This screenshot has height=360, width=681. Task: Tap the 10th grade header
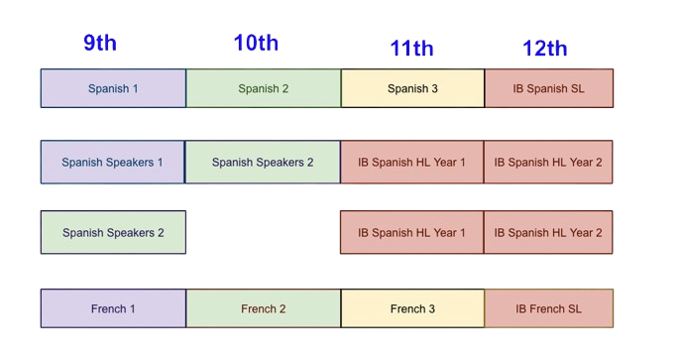coord(256,43)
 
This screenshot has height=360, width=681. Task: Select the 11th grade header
coord(411,48)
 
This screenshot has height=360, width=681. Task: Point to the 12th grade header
coord(545,48)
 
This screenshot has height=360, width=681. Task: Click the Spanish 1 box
coord(113,88)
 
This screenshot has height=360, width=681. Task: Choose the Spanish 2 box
coord(264,88)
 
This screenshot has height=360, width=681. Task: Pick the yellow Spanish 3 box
coord(412,88)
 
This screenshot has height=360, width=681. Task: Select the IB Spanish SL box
coord(548,88)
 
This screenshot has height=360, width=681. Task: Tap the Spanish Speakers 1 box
coord(113,162)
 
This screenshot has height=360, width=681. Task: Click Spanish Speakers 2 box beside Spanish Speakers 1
coord(263,162)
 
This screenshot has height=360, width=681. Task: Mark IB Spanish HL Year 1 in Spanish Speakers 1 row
coord(411,162)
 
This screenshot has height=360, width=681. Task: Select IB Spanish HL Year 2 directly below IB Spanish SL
coord(548,162)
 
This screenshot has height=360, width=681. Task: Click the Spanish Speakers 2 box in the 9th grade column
coord(113,233)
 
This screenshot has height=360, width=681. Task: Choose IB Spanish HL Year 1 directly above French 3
coord(411,233)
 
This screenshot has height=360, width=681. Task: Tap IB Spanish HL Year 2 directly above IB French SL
coord(548,233)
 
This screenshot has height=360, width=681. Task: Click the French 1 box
coord(113,308)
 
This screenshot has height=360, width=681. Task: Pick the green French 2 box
coord(264,308)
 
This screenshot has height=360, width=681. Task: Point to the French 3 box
coord(412,308)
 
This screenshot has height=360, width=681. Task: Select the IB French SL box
coord(548,308)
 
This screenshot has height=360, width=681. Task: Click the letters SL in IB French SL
coord(573,308)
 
